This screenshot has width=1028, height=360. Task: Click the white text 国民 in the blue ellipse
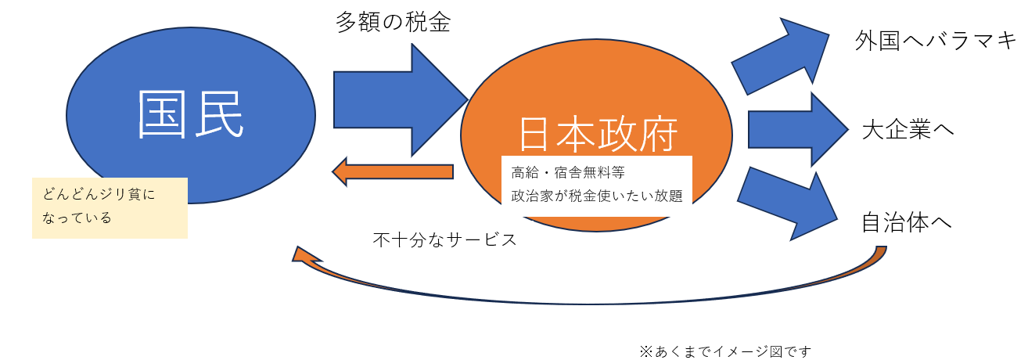pos(190,114)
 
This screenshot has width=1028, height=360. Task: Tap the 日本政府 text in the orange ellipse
pos(598,135)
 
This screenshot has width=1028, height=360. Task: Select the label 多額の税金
pos(394,22)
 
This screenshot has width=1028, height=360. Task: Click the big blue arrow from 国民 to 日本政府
pos(401,100)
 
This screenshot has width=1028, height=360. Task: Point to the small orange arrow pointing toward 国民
pos(393,171)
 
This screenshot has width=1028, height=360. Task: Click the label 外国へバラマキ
pos(935,41)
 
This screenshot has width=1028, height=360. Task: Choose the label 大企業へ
pos(908,129)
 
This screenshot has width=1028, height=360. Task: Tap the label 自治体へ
pos(907,222)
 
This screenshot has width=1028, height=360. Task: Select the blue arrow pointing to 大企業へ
pos(798,129)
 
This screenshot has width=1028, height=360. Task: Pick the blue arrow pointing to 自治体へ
pos(787,205)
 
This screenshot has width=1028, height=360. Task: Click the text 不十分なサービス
pos(444,239)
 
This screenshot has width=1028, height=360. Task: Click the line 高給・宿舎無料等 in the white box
pos(568,173)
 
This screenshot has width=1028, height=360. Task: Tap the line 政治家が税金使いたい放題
pos(597,196)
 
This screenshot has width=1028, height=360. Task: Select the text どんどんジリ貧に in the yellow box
pos(99,194)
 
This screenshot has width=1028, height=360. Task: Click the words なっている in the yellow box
pos(77,218)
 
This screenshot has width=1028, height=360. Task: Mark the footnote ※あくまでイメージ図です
pos(725,351)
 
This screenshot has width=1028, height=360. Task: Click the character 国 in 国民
pos(163,114)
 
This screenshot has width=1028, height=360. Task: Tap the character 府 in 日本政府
pos(659,135)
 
